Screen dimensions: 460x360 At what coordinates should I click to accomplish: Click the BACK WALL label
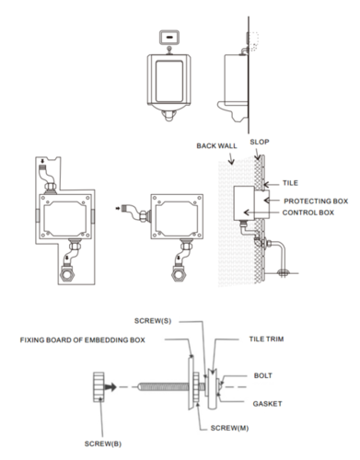pos(217,146)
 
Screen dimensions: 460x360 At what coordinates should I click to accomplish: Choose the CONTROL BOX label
pos(308,213)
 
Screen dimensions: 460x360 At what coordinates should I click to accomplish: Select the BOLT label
pos(263,375)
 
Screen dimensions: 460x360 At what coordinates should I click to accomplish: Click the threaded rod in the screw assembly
pos(152,387)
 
